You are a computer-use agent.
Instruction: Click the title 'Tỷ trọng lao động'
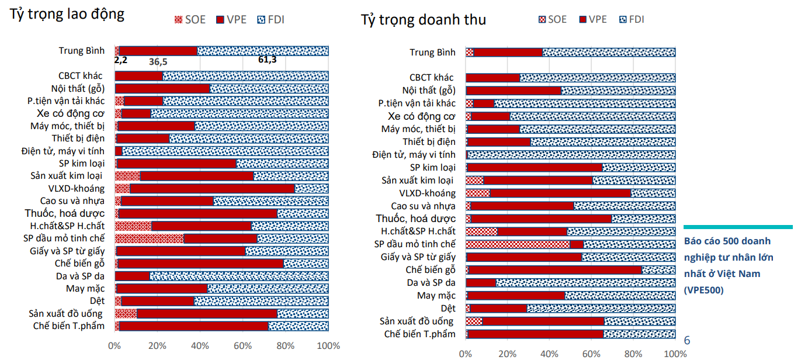pos(67,14)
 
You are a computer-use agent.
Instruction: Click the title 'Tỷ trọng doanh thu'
pos(423,20)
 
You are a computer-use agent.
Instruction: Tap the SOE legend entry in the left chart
pos(190,19)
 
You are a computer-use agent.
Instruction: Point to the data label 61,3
pos(267,60)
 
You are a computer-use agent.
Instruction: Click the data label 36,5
pos(158,61)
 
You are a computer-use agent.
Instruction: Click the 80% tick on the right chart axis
pos(634,354)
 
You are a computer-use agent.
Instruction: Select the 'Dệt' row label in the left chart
pos(97,301)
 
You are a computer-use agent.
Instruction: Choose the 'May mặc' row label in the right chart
pos(436,295)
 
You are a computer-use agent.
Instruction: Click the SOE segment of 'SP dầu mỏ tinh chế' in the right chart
pos(518,244)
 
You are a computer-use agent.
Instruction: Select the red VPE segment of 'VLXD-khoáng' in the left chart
pos(212,188)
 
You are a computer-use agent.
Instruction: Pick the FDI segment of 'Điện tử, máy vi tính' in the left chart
pos(225,151)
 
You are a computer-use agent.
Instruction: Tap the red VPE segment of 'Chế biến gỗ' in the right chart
pos(555,269)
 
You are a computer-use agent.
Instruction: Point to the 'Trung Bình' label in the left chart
pos(81,51)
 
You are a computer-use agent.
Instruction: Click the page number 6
pos(687,340)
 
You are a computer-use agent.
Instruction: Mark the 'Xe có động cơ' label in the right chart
pos(417,116)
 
